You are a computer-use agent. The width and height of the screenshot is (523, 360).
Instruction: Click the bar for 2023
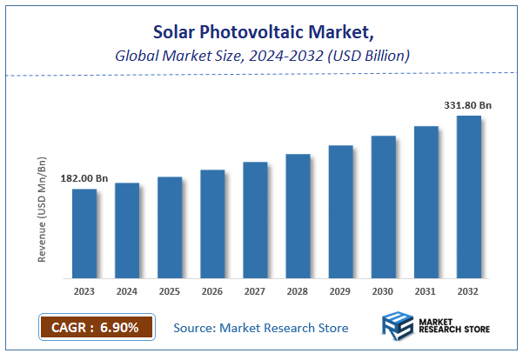click(84, 233)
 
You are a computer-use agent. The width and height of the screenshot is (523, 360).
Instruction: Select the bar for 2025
click(170, 227)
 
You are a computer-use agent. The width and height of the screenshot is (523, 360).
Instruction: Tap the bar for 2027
click(255, 219)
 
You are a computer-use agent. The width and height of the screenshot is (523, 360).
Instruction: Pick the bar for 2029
click(340, 211)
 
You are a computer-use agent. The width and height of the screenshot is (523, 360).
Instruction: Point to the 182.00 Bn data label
click(84, 178)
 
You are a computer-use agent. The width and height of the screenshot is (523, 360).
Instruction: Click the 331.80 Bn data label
click(468, 105)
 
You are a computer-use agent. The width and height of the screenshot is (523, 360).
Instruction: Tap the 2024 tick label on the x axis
click(127, 291)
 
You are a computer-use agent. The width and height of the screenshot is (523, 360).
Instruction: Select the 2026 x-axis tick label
click(212, 291)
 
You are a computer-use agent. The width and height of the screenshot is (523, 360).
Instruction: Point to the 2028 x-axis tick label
click(298, 291)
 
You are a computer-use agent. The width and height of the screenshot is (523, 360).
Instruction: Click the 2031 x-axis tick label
click(426, 291)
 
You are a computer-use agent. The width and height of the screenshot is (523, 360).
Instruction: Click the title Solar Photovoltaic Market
click(262, 33)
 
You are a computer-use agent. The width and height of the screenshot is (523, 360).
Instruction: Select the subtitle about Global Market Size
click(262, 56)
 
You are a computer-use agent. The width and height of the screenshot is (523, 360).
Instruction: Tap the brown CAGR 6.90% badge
click(97, 327)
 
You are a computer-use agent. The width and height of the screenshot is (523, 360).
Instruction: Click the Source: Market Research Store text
click(261, 328)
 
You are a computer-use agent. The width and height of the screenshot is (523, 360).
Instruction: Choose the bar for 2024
click(127, 230)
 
